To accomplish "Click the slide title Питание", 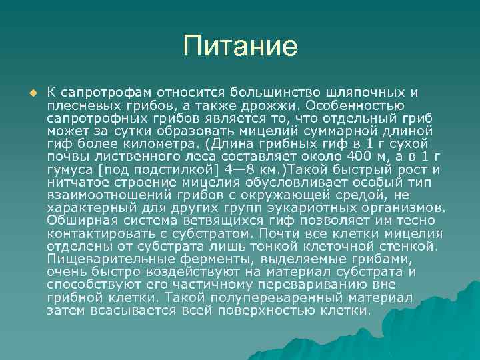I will click(240, 47).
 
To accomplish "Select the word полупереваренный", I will click(266, 297).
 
